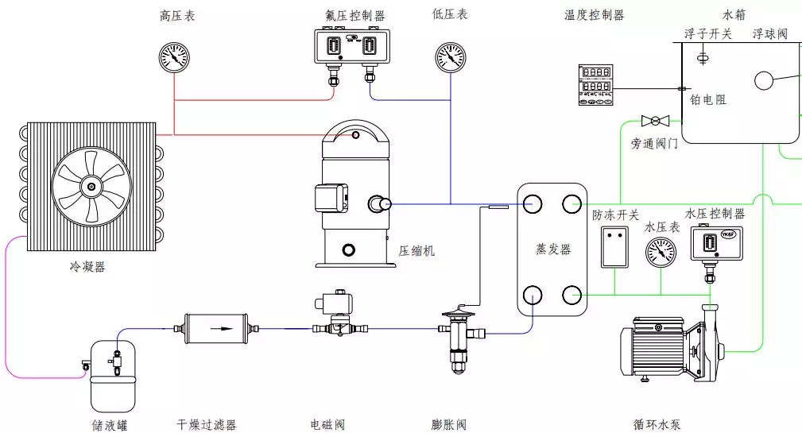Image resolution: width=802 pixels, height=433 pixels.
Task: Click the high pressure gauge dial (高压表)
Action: coord(174,57)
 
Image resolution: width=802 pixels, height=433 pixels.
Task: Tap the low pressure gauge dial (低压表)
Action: coord(451,57)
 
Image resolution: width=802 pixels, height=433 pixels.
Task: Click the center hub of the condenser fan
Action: coord(91,188)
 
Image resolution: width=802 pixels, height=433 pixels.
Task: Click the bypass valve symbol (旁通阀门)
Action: coord(655,120)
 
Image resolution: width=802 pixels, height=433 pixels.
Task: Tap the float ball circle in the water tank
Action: coord(765,81)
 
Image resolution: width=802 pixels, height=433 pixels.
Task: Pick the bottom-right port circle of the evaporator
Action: coord(571,296)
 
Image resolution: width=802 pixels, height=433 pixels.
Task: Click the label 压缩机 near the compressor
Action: coord(416,251)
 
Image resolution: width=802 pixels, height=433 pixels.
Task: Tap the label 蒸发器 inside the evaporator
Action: coord(553,249)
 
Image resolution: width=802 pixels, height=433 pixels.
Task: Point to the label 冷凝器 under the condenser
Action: coord(87,267)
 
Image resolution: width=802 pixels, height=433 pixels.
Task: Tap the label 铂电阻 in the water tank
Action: coord(708,100)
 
